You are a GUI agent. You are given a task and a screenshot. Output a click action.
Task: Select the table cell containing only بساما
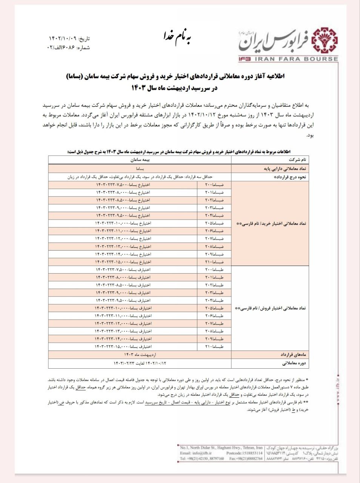pyautogui.click(x=140, y=168)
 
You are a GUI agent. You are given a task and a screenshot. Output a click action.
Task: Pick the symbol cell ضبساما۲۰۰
pyautogui.click(x=215, y=185)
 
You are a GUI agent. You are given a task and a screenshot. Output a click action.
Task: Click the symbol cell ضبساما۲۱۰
pyautogui.click(x=215, y=262)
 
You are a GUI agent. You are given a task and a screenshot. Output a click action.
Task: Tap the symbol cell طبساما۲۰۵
pyautogui.click(x=215, y=308)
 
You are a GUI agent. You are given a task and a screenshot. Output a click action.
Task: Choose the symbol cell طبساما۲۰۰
pyautogui.click(x=215, y=269)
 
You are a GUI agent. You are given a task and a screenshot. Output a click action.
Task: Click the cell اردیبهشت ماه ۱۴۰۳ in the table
pyautogui.click(x=140, y=355)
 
